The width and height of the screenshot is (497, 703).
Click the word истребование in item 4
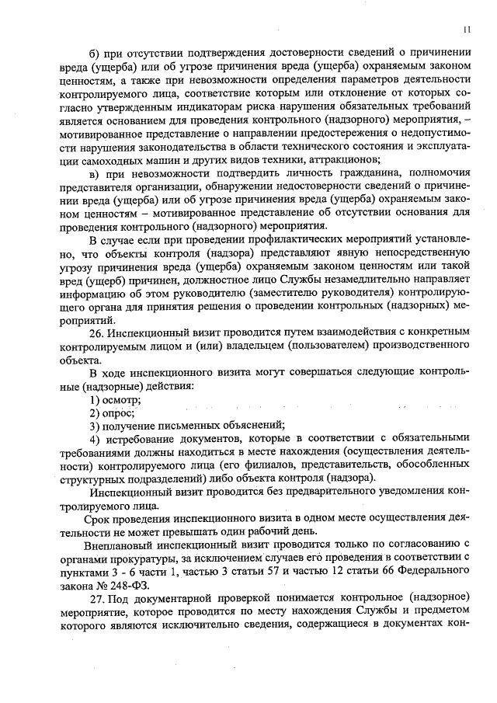pos(138,439)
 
